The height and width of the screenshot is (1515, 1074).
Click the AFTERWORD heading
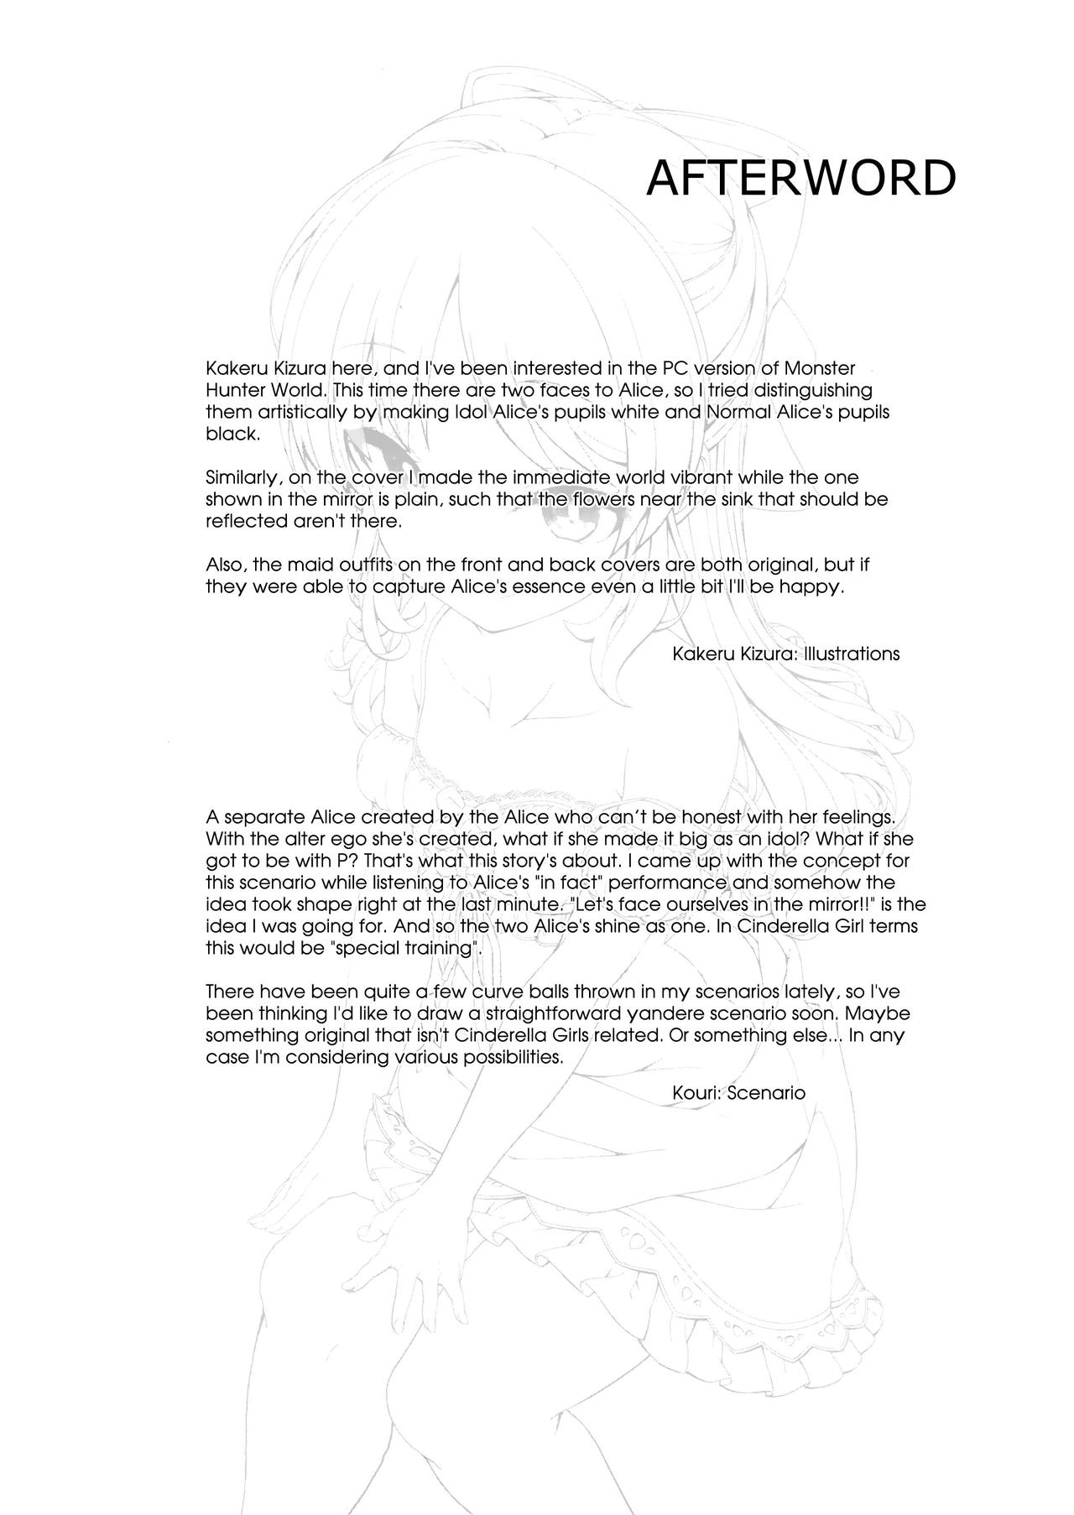tap(800, 179)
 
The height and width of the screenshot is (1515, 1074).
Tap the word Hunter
tap(234, 391)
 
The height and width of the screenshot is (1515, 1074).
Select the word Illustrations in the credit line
tap(851, 653)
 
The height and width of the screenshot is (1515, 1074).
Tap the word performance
tap(646, 882)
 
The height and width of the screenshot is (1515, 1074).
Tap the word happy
tap(810, 586)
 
